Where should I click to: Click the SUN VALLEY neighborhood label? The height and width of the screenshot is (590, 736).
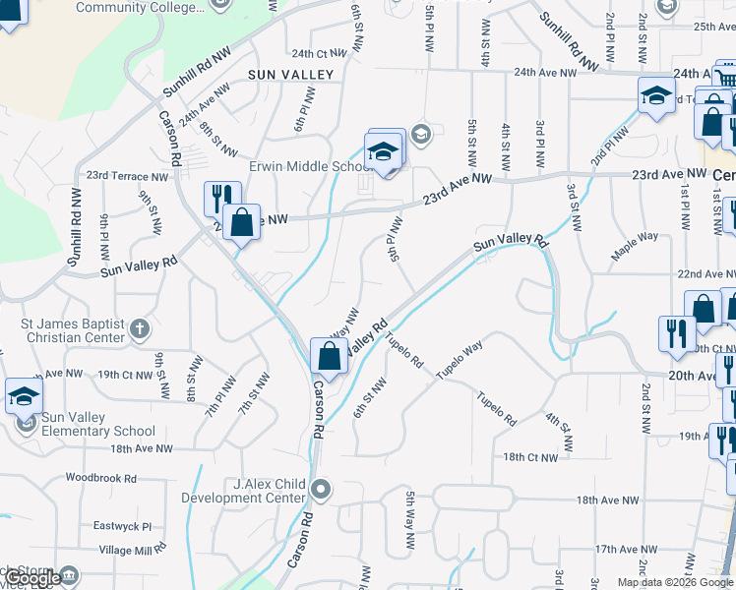(291, 74)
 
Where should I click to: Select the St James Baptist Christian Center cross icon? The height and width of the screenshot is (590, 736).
(140, 327)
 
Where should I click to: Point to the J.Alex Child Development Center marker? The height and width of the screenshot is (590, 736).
(321, 489)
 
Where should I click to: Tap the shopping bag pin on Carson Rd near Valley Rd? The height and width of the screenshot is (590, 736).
(329, 356)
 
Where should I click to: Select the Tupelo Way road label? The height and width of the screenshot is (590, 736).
(460, 360)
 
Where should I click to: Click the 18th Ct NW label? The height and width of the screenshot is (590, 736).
(530, 457)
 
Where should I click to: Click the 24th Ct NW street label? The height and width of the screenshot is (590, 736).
(314, 53)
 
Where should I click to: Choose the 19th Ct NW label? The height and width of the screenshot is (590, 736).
(124, 375)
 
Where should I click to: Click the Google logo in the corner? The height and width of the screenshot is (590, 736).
(33, 579)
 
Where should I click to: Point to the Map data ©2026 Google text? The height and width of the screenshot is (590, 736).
(673, 582)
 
